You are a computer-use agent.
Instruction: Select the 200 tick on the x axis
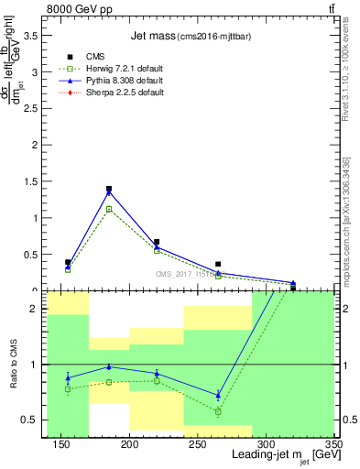(129, 444)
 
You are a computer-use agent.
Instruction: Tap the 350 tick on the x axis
(333, 444)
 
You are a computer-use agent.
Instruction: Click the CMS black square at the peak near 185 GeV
(109, 189)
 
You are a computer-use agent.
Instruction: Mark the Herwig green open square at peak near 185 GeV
(109, 209)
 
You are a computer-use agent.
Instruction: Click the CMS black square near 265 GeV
(218, 264)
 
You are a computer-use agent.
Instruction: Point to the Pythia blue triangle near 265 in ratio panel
(218, 396)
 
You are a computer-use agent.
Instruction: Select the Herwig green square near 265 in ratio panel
(218, 411)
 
